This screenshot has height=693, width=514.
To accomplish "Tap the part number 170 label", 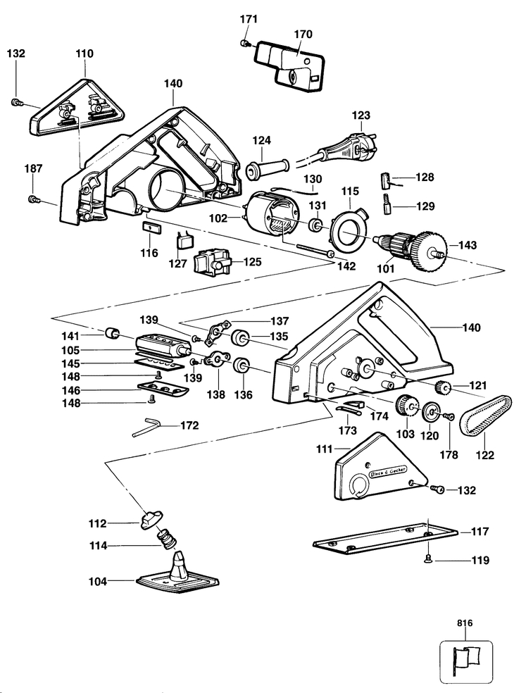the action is point(303,34).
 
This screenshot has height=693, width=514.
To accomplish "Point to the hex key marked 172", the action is point(145,428).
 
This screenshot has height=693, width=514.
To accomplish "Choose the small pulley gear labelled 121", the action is point(443,387).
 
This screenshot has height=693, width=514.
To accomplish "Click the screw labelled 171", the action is point(244,43).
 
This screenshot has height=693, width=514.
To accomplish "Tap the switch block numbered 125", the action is point(213,263).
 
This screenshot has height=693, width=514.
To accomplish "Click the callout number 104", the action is point(98,582).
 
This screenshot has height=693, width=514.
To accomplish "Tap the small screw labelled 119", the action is point(427,559).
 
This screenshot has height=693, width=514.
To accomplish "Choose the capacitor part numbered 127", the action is point(182,242).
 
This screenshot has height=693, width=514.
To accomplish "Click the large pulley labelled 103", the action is point(407,406).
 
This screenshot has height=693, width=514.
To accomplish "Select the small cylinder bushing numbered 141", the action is point(113,333).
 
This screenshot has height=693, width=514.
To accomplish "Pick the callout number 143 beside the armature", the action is point(468,245).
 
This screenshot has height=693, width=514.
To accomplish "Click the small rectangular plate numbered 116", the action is point(151,227).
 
